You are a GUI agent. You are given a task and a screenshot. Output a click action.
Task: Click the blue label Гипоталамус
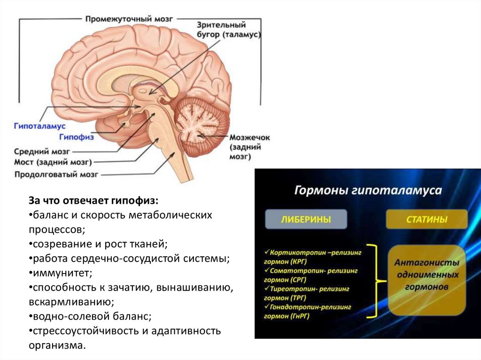(39, 126)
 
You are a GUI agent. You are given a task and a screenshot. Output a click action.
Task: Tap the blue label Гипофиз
(77, 137)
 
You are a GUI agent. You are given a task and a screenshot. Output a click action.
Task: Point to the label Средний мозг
(42, 152)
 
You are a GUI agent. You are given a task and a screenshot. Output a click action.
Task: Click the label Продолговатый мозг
(56, 175)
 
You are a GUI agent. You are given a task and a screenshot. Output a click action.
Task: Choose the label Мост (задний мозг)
(52, 163)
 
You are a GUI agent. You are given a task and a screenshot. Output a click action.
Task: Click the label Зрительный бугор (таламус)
(227, 31)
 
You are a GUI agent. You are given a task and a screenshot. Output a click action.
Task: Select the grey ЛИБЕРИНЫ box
(305, 219)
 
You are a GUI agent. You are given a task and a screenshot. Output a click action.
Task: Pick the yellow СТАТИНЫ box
(427, 219)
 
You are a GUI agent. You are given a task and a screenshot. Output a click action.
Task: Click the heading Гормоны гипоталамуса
(368, 191)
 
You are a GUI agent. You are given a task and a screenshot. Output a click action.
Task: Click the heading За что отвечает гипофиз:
(94, 200)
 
